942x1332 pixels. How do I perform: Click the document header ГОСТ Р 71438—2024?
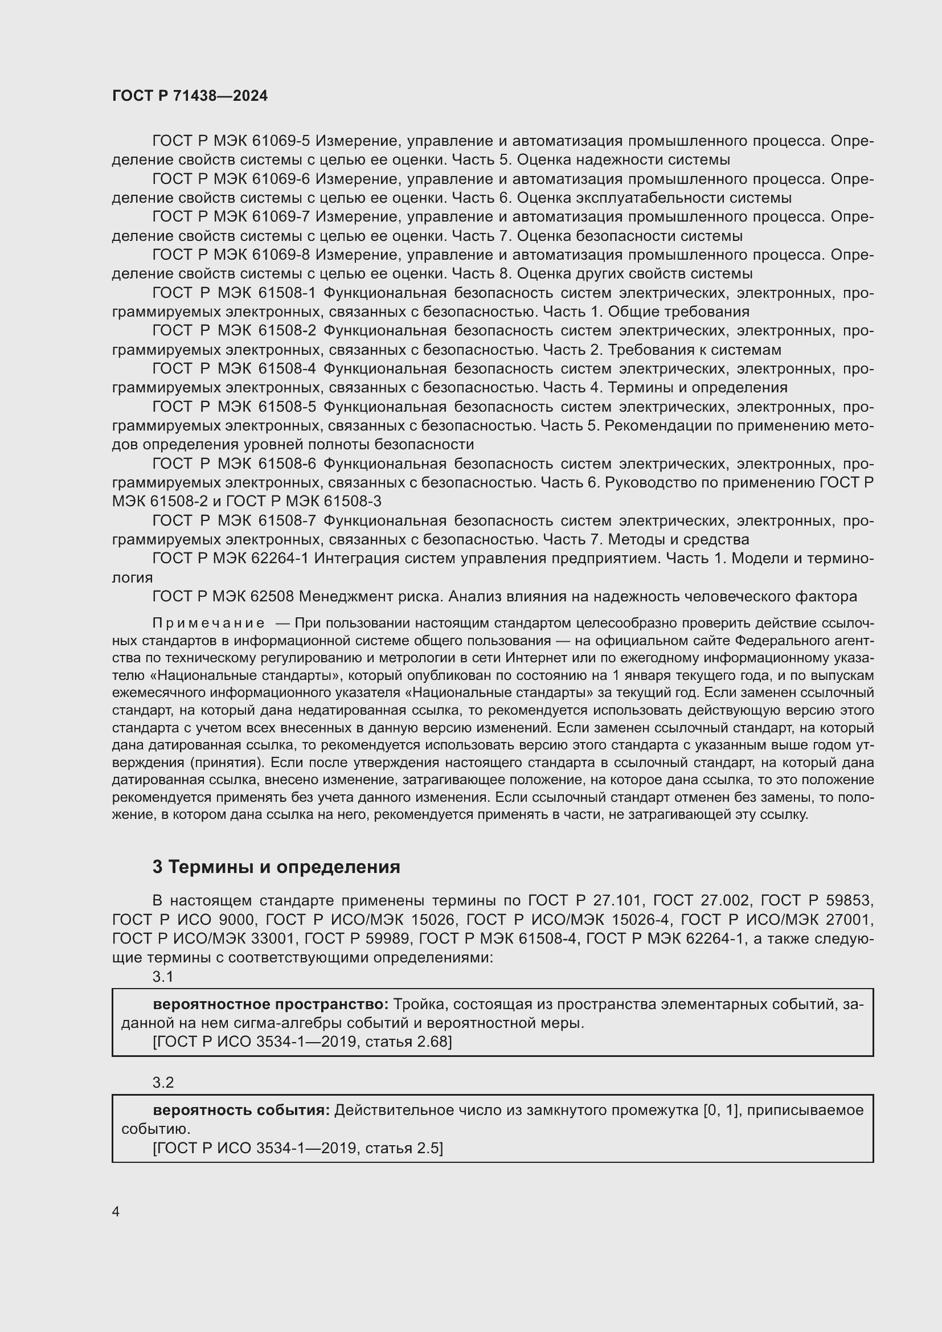(190, 96)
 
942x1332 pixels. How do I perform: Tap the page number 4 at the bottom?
(116, 1211)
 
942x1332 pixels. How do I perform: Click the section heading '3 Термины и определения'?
(276, 867)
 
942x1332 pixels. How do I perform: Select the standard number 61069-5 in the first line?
(281, 141)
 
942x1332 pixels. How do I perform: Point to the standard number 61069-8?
(281, 255)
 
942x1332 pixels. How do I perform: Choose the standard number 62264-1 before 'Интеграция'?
(281, 558)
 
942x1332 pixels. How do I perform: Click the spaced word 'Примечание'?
(208, 623)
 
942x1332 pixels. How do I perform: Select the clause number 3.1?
(163, 977)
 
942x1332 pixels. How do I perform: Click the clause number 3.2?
(163, 1083)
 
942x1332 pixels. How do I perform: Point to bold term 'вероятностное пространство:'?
(271, 1004)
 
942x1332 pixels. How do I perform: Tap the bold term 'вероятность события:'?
(241, 1110)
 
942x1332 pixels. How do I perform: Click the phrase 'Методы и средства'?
(678, 539)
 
